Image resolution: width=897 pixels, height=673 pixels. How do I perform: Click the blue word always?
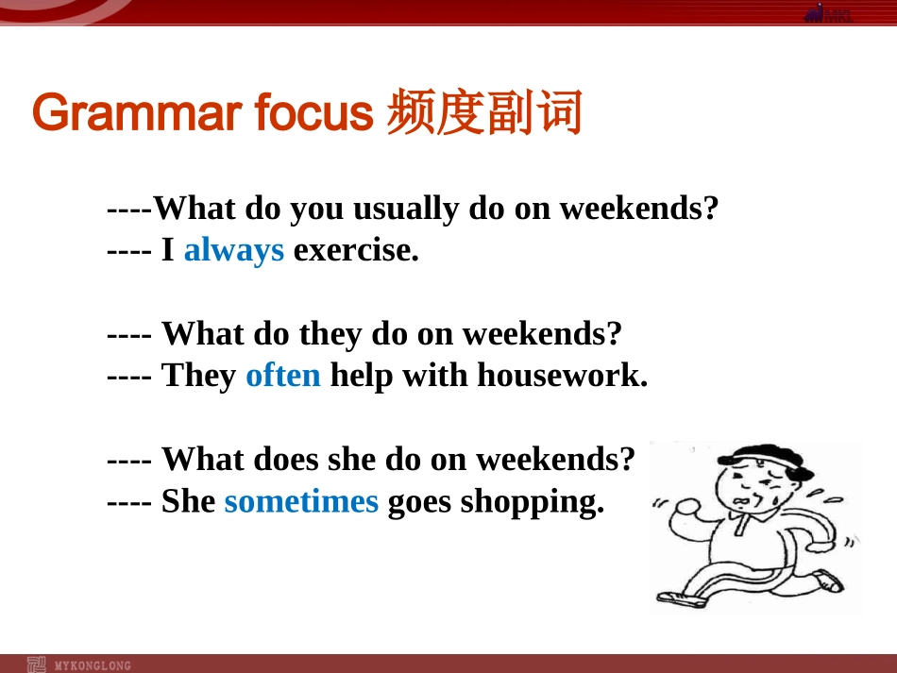234,251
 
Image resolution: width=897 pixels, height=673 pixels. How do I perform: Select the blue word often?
283,376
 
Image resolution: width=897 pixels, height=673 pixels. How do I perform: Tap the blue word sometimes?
301,501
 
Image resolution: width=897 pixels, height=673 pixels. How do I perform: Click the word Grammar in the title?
137,112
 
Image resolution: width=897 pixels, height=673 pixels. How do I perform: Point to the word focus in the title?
314,111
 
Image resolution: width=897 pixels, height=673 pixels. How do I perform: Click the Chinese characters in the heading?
484,111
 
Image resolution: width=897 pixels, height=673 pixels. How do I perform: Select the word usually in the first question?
406,210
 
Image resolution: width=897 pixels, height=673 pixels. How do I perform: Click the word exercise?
356,250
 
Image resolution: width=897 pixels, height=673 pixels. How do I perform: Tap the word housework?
563,376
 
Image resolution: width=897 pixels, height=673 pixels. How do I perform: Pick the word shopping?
532,502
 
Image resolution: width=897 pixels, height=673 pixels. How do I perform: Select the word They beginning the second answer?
199,377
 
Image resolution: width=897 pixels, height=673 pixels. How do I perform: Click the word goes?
419,503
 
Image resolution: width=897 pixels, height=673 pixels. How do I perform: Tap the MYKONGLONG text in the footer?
93,665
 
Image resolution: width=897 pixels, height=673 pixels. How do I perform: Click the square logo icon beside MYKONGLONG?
36,665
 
